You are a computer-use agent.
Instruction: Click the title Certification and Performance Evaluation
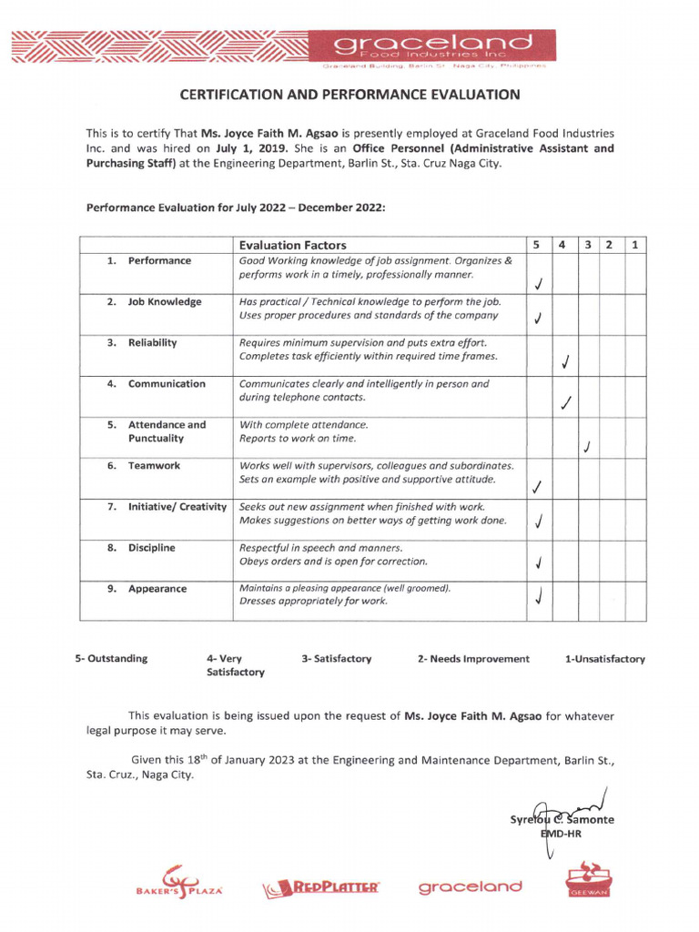pos(349,95)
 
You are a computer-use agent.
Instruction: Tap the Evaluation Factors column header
pos(292,245)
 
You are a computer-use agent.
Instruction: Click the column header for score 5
pos(538,245)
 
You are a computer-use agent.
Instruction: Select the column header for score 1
pos(636,245)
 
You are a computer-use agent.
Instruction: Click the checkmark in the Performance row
pos(538,283)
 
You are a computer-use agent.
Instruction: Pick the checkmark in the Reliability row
pos(565,362)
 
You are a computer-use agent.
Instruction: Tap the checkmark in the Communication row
pos(566,402)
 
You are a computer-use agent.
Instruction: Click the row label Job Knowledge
pos(165,302)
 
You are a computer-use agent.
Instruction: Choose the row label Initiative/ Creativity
pos(177,507)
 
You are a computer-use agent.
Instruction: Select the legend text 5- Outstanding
pos(111,659)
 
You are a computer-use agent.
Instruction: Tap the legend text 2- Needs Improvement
pos(473,659)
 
